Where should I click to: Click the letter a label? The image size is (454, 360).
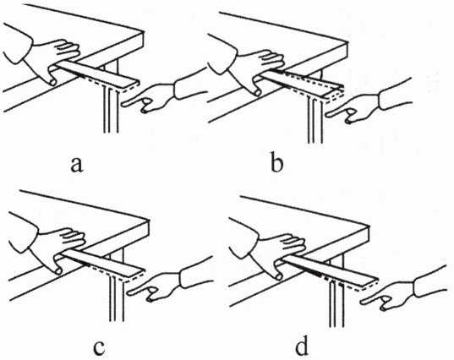point(77,166)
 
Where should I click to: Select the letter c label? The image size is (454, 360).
point(99,348)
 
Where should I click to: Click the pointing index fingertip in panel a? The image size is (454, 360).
point(124,104)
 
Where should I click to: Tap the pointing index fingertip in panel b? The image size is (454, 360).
point(328,115)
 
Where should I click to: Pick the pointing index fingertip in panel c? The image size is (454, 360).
point(130,293)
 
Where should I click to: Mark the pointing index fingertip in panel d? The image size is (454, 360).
point(363,303)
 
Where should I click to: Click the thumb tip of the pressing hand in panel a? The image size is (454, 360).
point(53,82)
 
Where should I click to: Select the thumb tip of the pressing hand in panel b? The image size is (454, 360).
point(257,92)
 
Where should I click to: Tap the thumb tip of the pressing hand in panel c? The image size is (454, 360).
point(58,271)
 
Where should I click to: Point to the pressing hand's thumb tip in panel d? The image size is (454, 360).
point(278,276)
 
